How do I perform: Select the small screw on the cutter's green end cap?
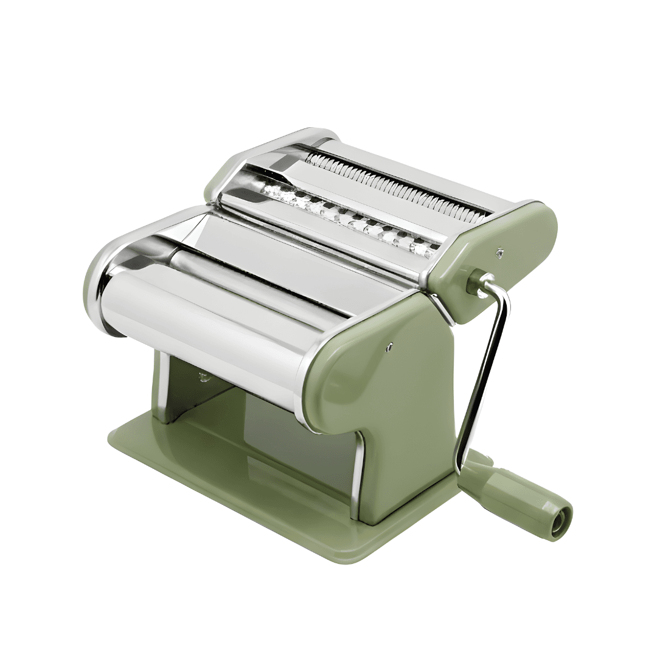(499, 249)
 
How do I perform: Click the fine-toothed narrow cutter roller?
(395, 182)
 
